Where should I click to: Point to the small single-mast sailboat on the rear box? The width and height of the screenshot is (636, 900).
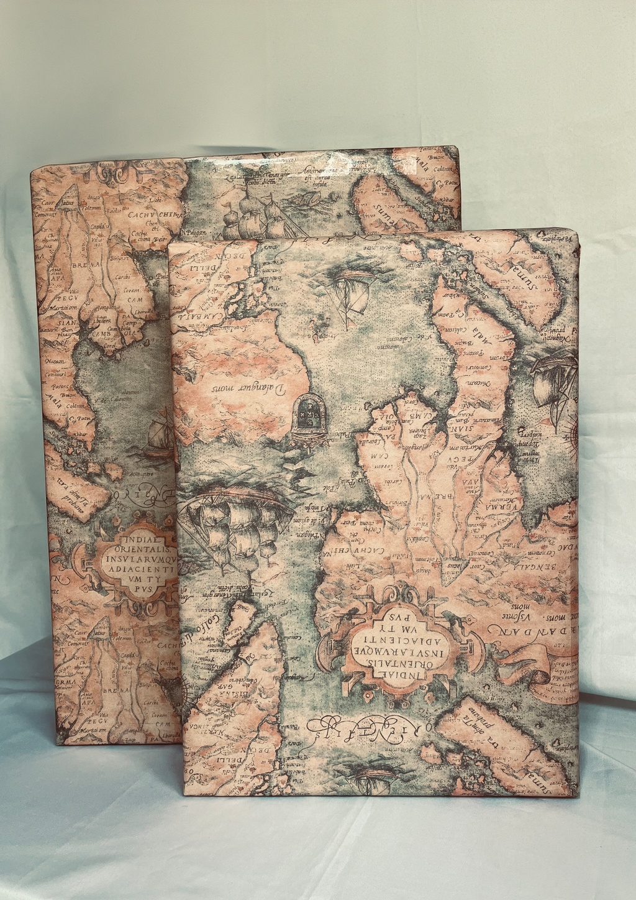[x=157, y=435]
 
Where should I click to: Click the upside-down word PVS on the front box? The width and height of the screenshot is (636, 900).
[x=401, y=619]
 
